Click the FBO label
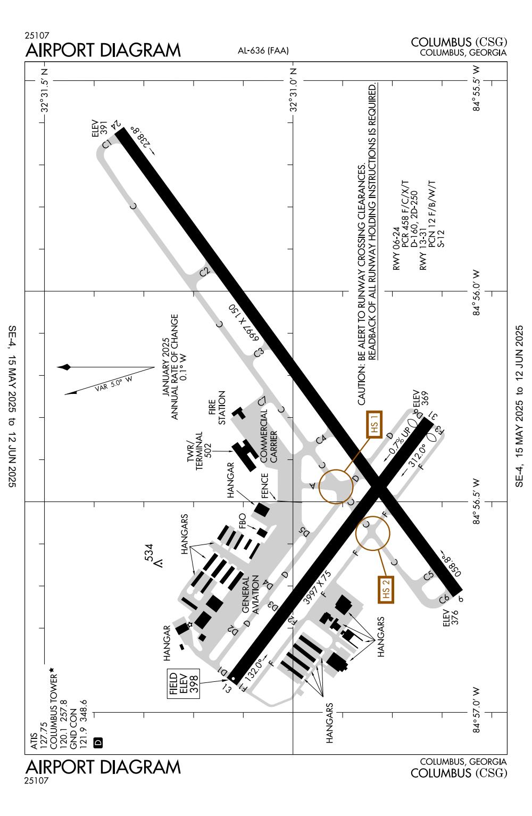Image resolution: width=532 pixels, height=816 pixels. click(244, 521)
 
